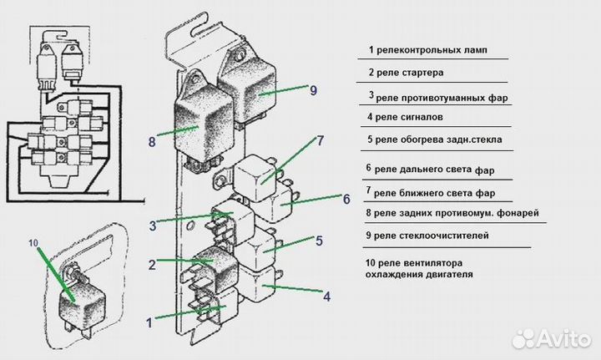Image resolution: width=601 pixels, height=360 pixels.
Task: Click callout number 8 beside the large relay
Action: coord(151,141)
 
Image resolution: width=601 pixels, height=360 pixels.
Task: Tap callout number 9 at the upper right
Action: coord(313,90)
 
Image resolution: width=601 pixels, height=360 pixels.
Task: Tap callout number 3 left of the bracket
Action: coord(154,225)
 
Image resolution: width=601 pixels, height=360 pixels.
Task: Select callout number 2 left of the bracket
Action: coord(152,264)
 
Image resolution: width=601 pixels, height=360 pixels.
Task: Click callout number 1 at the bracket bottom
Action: coord(149,320)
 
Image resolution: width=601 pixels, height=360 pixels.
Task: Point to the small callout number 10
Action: coord(33,243)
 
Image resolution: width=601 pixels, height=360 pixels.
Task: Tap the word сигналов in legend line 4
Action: coord(432,118)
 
